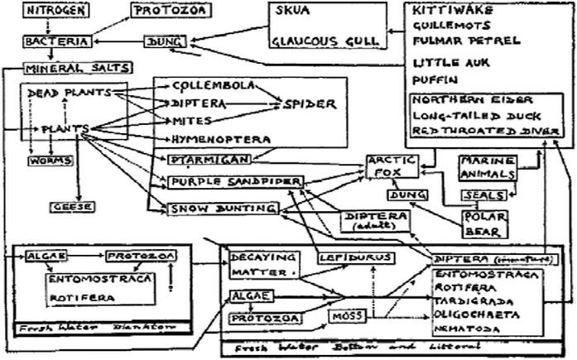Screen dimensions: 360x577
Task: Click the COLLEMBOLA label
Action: (211, 85)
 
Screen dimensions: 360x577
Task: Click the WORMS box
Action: (41, 160)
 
